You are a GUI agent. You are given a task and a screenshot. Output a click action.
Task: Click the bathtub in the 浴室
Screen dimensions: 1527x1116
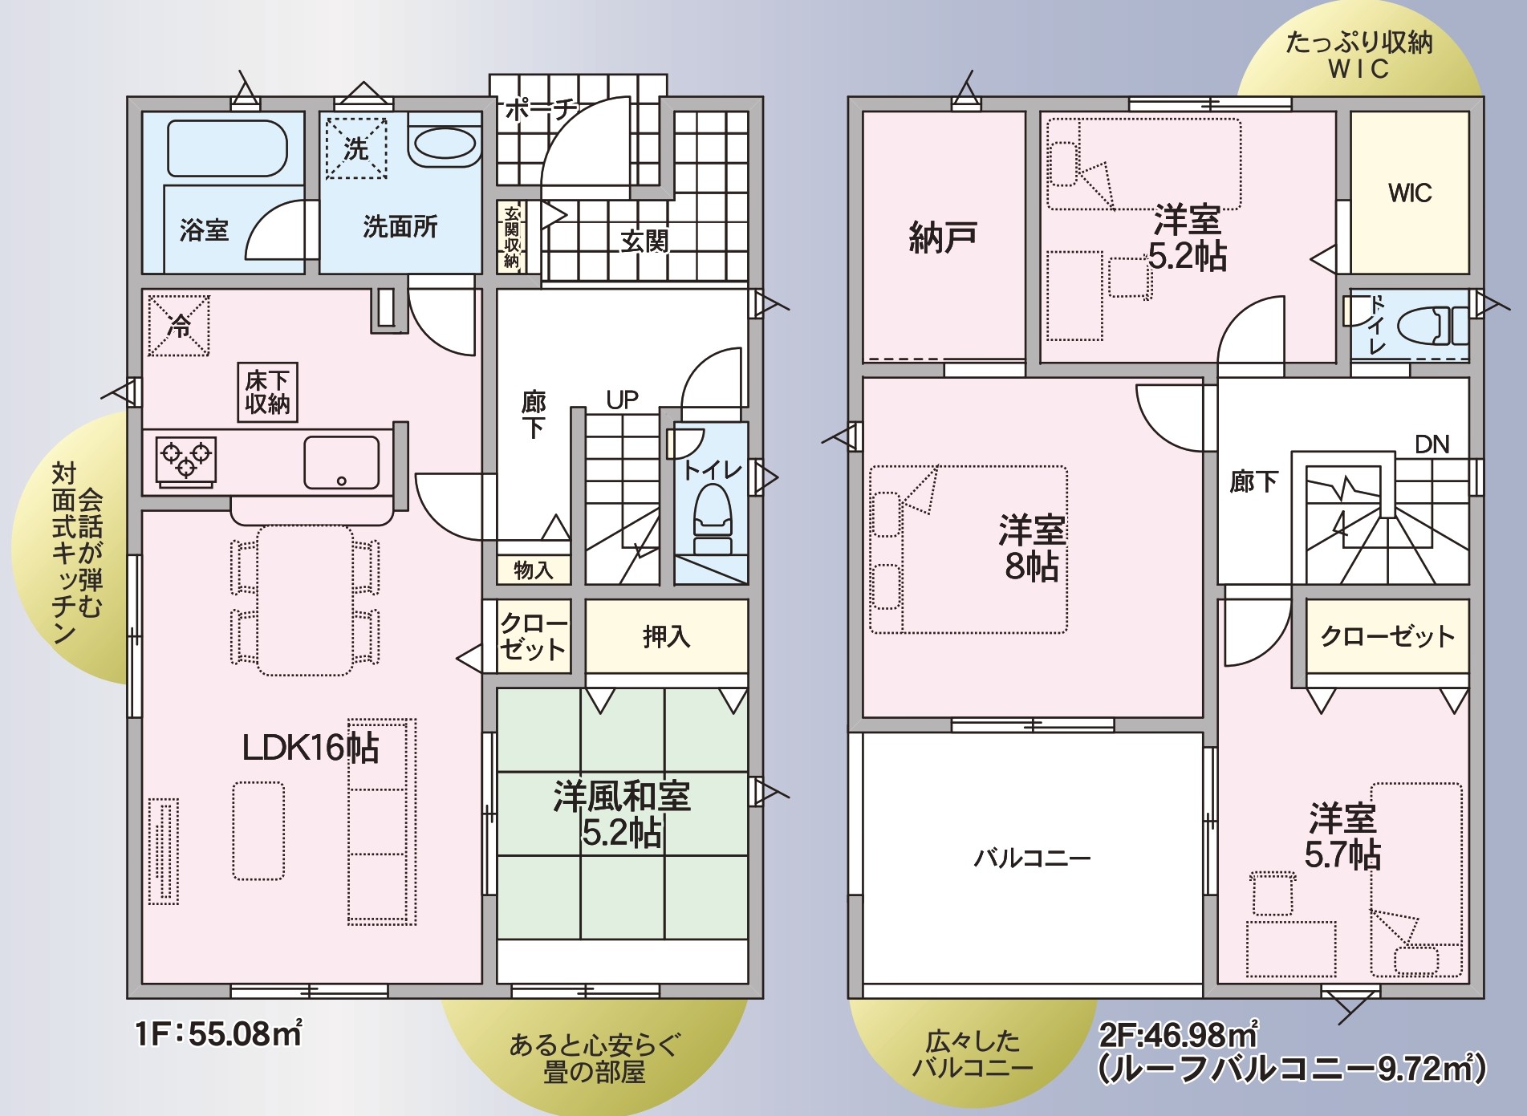click(x=227, y=148)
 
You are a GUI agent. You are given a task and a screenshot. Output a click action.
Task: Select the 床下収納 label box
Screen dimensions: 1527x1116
click(x=267, y=392)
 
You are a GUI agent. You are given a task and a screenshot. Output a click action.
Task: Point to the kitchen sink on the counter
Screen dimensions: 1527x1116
click(x=342, y=463)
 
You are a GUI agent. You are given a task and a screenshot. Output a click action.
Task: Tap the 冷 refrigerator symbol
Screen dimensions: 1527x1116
click(x=179, y=325)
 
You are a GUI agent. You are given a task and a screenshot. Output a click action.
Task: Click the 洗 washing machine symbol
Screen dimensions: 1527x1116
click(x=355, y=148)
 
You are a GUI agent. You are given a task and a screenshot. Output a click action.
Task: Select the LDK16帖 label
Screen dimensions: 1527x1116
click(x=311, y=748)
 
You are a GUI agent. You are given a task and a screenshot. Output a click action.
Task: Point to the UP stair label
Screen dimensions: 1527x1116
click(x=623, y=400)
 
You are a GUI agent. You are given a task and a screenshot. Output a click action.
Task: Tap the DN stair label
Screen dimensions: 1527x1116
click(x=1432, y=444)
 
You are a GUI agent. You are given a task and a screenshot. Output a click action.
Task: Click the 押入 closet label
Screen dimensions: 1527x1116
click(x=666, y=636)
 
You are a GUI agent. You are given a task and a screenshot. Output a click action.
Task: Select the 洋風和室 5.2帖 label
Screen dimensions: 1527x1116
click(x=622, y=814)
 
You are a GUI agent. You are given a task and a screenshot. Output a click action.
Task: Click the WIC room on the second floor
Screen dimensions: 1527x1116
click(x=1410, y=193)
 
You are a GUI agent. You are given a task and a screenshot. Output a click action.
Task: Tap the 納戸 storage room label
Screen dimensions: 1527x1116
click(x=943, y=237)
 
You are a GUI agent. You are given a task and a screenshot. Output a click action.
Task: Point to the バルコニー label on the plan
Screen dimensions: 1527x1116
click(x=1032, y=858)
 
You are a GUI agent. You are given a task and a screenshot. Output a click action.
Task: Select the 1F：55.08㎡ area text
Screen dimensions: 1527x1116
click(x=219, y=1033)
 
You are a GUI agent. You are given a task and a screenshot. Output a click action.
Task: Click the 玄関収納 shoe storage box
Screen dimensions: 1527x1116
click(x=511, y=236)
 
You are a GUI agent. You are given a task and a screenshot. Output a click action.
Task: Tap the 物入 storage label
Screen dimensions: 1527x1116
click(x=533, y=570)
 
